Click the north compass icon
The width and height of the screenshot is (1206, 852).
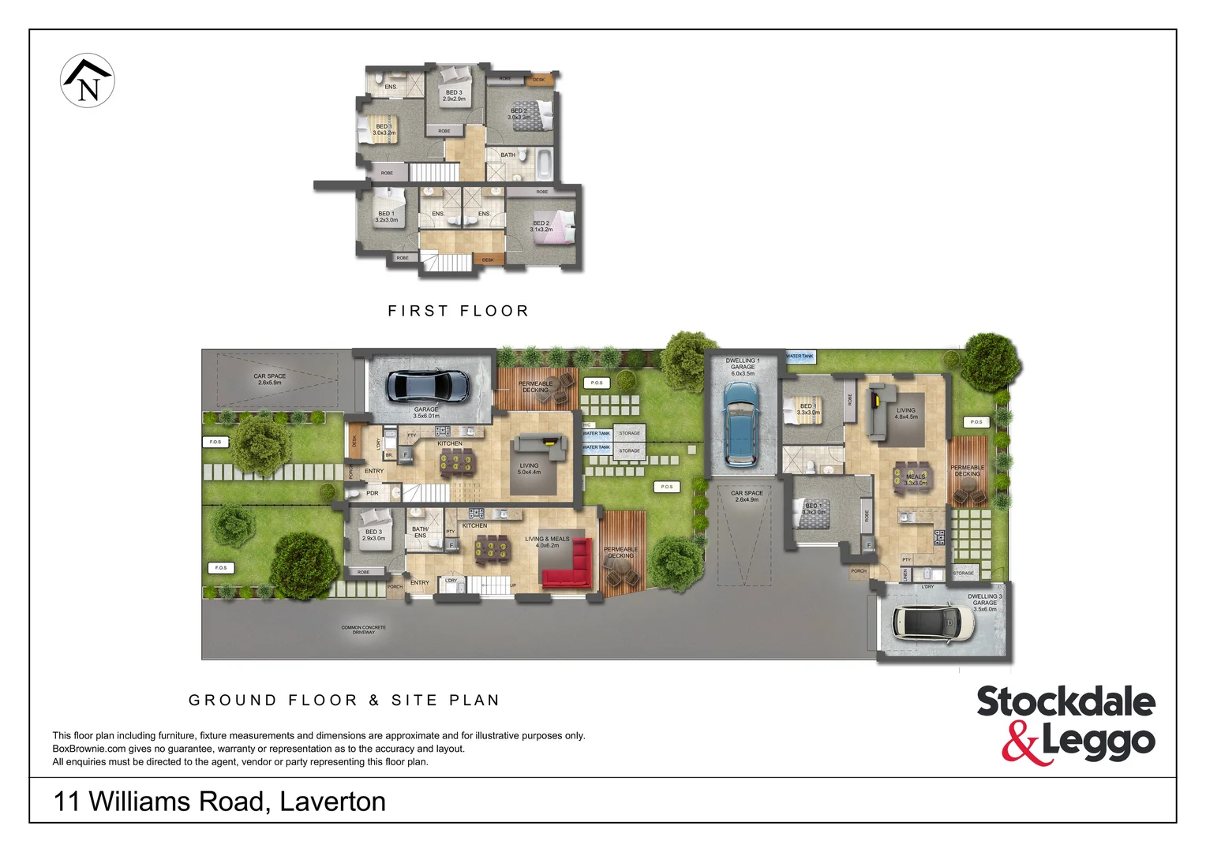88,80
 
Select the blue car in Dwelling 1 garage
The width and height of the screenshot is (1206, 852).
740,424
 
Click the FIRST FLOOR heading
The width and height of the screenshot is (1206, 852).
458,311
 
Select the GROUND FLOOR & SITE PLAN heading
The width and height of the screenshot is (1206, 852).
344,700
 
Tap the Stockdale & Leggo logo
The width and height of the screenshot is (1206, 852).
1066,723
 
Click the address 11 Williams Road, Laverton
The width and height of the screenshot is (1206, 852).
219,802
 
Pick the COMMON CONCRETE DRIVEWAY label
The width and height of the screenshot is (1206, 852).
363,630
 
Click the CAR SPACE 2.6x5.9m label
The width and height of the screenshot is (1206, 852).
270,379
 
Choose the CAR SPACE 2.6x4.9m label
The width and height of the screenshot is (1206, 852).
747,496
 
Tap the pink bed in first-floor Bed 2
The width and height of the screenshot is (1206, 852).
563,226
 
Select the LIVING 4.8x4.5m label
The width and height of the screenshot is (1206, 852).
906,413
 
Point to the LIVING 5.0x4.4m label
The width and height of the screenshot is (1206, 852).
529,469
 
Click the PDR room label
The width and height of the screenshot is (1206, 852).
373,493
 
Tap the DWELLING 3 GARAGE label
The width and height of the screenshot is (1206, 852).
984,602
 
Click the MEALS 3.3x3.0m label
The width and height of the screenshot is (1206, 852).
916,480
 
